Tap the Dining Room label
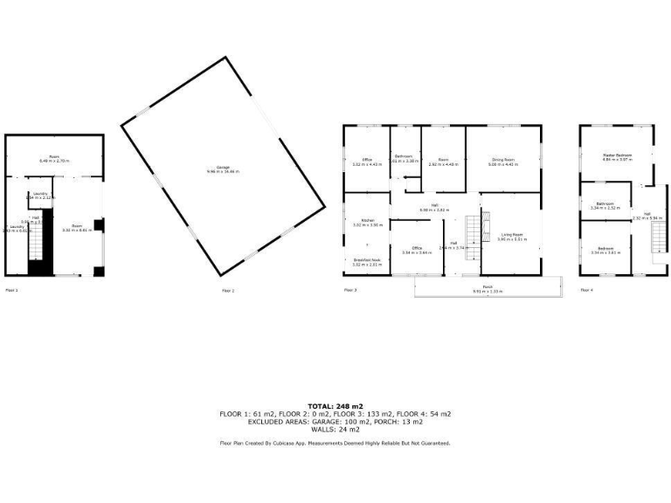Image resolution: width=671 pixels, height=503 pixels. [x=502, y=161]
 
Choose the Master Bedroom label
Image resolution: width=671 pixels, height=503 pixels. [x=617, y=157]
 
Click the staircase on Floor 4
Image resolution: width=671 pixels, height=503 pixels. [x=658, y=235]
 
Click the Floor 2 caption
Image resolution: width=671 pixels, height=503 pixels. [x=228, y=290]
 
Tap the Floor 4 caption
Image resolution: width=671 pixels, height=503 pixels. [x=586, y=290]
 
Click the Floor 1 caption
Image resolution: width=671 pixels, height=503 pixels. [x=11, y=290]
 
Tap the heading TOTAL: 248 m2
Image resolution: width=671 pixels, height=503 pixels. [x=335, y=406]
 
